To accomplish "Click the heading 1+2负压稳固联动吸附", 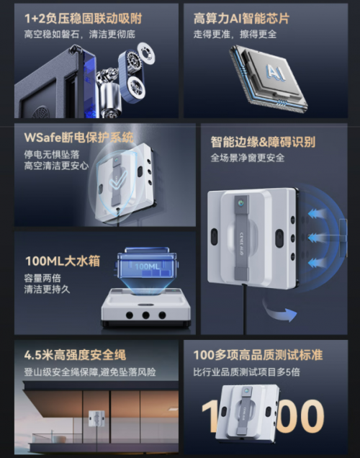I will tap(84, 17).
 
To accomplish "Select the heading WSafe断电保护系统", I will tap(79, 137).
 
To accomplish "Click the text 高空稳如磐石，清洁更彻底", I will tap(79, 33).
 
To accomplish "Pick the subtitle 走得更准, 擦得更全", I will tap(235, 34).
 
